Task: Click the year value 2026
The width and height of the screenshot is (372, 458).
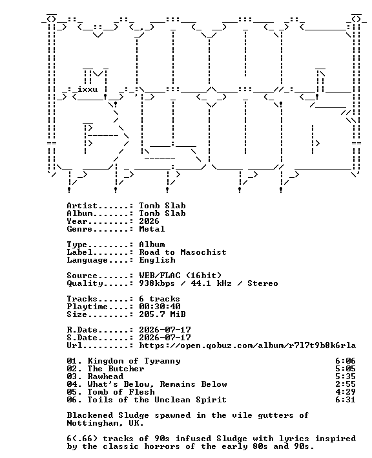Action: click(x=149, y=221)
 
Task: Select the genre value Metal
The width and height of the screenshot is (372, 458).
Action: click(x=152, y=229)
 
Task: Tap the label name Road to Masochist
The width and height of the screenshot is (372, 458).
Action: click(x=183, y=252)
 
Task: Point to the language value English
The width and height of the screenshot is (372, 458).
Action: click(x=157, y=260)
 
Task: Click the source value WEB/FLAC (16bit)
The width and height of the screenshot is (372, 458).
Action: click(x=180, y=276)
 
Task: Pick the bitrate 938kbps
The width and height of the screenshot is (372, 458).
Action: click(x=156, y=283)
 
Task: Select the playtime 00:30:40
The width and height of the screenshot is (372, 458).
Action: click(x=160, y=307)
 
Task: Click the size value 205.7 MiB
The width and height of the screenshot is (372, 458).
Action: click(x=162, y=314)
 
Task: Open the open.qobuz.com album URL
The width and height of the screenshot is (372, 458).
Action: click(x=247, y=345)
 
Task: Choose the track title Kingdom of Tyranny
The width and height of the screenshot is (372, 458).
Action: click(x=134, y=361)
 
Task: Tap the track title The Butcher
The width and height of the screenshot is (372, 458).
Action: click(x=116, y=369)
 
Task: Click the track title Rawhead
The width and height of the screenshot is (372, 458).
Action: click(x=105, y=376)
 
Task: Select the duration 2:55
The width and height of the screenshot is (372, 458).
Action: click(x=345, y=384)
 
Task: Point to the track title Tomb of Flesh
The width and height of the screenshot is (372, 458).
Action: click(x=121, y=392)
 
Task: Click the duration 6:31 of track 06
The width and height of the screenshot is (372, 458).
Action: click(x=345, y=400)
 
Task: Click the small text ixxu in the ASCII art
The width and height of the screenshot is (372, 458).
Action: click(x=87, y=89)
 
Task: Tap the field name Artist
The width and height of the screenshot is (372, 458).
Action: click(x=82, y=206)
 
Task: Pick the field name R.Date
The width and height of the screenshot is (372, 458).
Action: click(x=82, y=330)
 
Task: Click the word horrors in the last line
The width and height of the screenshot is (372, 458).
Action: click(x=162, y=446)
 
